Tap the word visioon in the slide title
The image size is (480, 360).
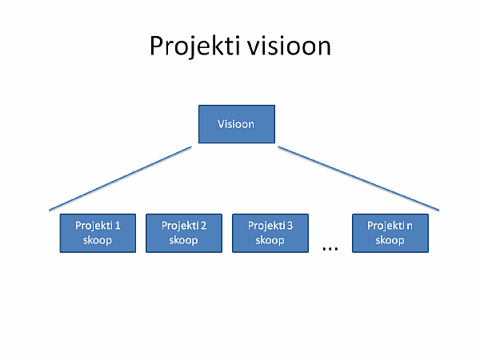(x=290, y=46)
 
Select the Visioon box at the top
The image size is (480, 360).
(x=237, y=124)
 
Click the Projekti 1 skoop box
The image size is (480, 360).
(x=98, y=233)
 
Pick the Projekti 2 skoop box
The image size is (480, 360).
(x=184, y=233)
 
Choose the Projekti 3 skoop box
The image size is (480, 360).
(x=270, y=233)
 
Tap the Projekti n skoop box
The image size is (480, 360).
(x=390, y=233)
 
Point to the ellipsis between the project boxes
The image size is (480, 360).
(x=330, y=248)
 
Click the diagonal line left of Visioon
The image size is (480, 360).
(x=120, y=178)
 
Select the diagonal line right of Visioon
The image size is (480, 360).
(x=358, y=178)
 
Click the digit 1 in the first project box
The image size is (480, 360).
(x=118, y=226)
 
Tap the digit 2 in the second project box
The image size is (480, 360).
(x=203, y=226)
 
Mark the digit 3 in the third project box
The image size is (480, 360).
(x=290, y=226)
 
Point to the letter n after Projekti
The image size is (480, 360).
(x=410, y=226)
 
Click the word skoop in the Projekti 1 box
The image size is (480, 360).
(x=98, y=241)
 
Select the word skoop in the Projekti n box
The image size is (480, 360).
(x=390, y=241)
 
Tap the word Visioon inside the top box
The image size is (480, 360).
(x=236, y=124)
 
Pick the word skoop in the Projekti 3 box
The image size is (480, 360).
(x=270, y=241)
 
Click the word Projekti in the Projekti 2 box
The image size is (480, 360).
(x=181, y=226)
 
